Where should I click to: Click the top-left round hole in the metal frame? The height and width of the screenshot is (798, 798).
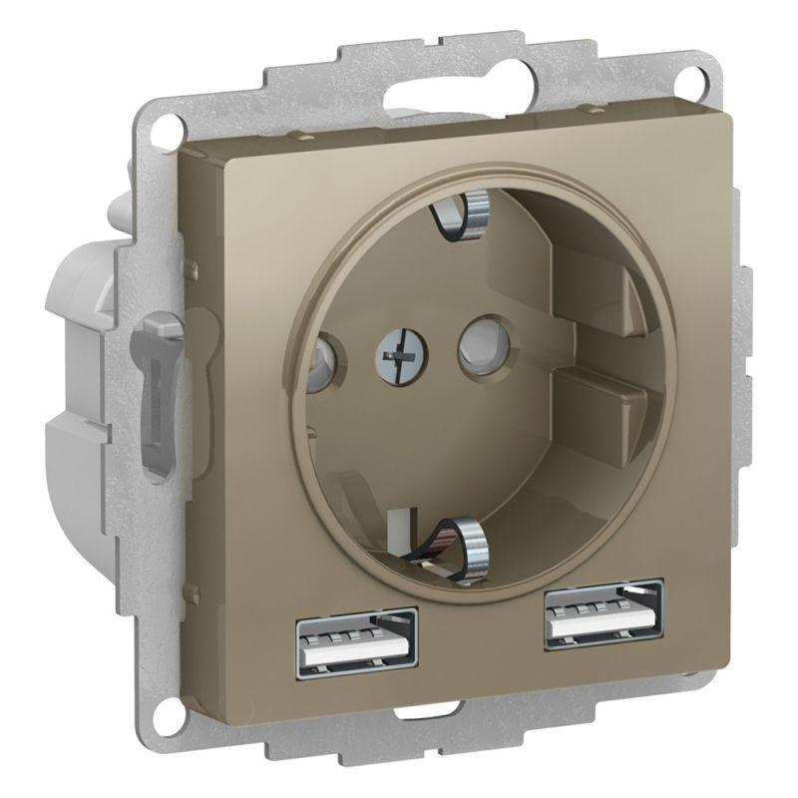pyautogui.click(x=163, y=126)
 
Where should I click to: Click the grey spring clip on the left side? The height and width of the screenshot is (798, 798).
pyautogui.click(x=158, y=389)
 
